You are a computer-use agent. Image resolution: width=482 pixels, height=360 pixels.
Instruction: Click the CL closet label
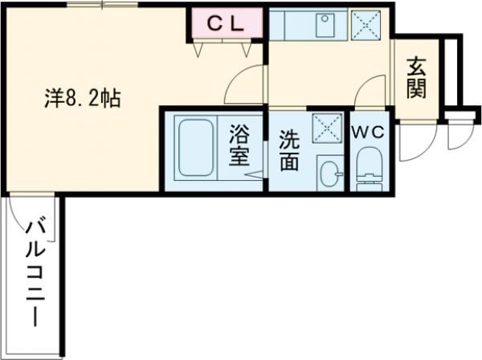click(x=227, y=24)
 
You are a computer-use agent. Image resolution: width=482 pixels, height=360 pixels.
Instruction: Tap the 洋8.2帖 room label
click(x=82, y=100)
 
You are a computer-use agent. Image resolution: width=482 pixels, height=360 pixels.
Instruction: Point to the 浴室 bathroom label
click(x=240, y=145)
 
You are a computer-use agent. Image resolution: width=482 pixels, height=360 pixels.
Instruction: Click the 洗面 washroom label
click(x=289, y=151)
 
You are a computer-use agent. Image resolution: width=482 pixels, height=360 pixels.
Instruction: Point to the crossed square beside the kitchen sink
click(x=367, y=25)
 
